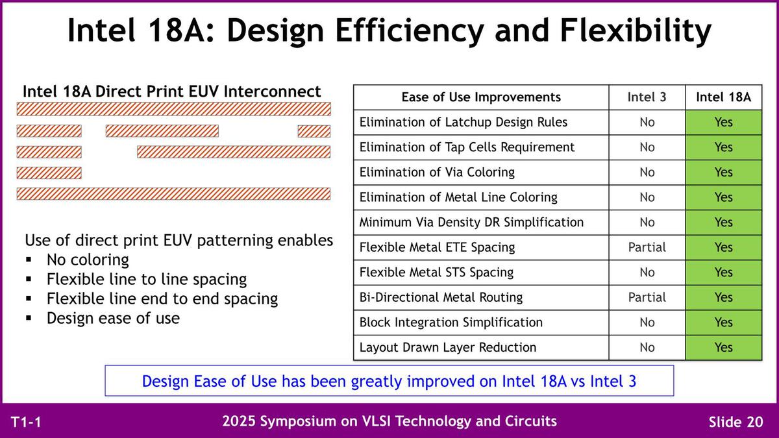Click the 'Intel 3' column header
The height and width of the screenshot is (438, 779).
pos(647,97)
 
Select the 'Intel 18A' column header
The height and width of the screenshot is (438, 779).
pos(723,97)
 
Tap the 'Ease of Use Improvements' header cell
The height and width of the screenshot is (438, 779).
pos(481,97)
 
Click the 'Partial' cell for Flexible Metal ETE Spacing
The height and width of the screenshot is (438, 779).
pos(647,247)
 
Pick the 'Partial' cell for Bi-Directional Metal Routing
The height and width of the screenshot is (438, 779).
pos(647,297)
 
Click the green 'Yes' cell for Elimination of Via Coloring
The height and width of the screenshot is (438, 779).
pos(724,172)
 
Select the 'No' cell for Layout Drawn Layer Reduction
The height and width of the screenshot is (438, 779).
pos(647,347)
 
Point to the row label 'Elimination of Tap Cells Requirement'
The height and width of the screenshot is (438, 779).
pos(467,147)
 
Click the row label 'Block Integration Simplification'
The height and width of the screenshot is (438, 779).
pos(451,322)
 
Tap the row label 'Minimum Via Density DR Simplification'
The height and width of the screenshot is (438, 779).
pos(471,222)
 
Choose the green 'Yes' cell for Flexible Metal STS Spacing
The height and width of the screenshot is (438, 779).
pos(724,272)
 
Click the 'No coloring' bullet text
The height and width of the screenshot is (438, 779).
pos(88,260)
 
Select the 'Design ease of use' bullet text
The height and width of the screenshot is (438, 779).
pos(113,318)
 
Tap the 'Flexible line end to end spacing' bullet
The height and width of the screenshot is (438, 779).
pos(162,299)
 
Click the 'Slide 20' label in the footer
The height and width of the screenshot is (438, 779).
pos(736,422)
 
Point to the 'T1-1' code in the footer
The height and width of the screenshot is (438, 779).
pos(26,422)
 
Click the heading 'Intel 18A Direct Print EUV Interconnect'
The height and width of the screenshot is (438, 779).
pos(171,91)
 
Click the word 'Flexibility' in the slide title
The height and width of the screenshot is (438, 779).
pos(636,30)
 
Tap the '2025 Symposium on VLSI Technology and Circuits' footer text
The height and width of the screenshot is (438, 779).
pos(389,421)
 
